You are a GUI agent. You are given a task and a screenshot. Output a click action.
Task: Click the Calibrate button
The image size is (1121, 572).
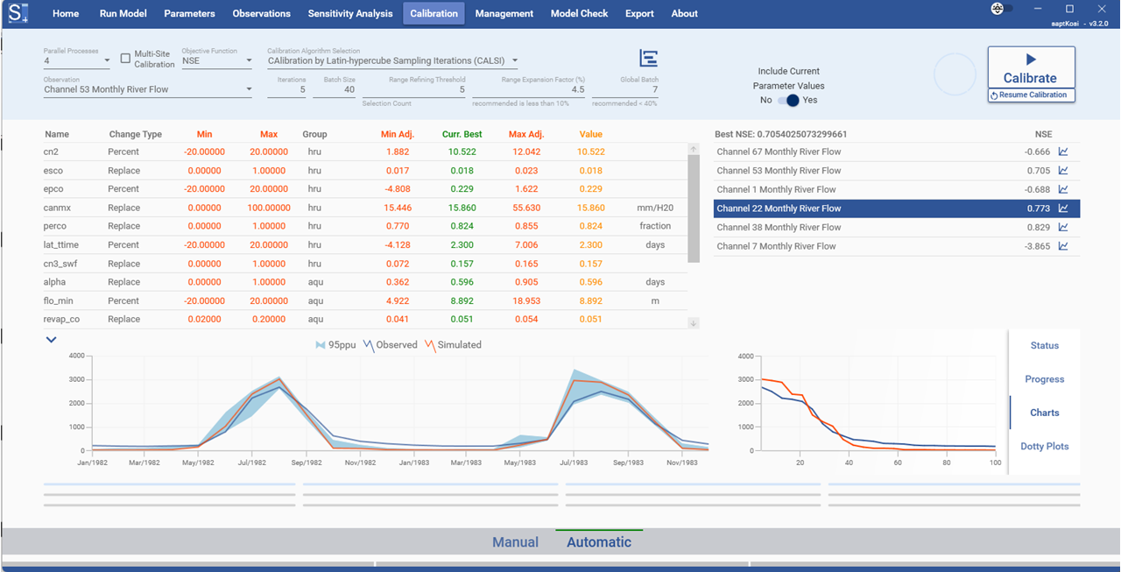(1031, 68)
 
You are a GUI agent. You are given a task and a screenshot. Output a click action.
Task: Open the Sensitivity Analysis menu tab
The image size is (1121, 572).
(350, 13)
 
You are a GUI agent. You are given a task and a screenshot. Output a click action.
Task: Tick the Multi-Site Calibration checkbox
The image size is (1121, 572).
(125, 59)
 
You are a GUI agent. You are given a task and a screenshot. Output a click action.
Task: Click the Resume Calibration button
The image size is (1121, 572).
(1031, 95)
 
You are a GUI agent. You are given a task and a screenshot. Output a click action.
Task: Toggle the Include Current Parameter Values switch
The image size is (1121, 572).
(789, 100)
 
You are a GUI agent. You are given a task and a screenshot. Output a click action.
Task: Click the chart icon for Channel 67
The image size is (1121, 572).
(1063, 152)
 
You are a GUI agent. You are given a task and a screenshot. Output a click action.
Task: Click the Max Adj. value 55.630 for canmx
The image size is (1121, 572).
(525, 208)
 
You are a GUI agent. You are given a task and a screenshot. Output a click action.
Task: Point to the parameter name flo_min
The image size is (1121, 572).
(59, 300)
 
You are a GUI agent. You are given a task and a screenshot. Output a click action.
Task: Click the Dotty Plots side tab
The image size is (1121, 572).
(1044, 446)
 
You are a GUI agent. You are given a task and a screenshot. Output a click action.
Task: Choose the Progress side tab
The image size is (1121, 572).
(1044, 379)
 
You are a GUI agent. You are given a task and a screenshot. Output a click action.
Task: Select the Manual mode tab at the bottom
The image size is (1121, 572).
(515, 542)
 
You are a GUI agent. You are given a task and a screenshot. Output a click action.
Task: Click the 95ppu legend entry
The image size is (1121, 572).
(332, 345)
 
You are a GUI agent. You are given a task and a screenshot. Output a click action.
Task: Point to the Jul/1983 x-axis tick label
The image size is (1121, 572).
(573, 462)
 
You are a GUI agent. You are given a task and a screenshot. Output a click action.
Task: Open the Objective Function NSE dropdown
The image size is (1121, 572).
(217, 61)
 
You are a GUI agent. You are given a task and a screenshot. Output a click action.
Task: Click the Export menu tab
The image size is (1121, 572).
(639, 13)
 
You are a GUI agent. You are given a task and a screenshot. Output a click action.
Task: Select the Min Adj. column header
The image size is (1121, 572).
(398, 134)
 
